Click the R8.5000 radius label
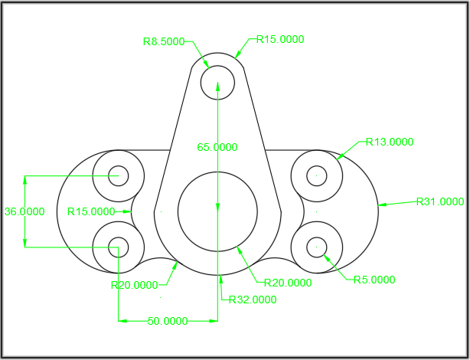164,42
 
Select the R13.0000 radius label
390,142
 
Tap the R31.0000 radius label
440,202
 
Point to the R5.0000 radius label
374,280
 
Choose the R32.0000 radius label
253,299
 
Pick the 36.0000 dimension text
24,211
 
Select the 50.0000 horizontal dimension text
168,322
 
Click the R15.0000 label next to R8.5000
280,38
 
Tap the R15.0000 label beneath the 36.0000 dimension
91,211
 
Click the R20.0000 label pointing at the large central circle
287,283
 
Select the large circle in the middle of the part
217,211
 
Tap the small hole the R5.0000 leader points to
317,247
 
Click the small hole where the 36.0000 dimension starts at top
118,175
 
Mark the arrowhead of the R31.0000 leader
382,205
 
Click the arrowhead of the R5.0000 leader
325,256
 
